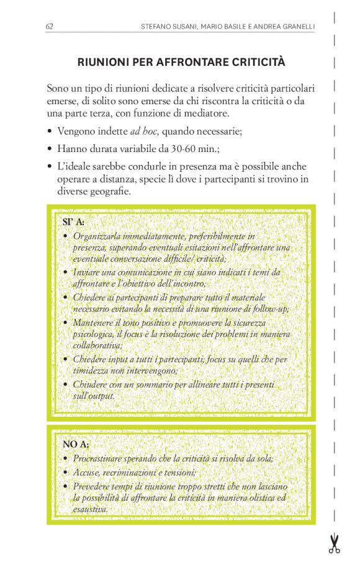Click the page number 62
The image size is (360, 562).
(x=49, y=26)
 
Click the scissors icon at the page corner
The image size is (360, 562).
(x=335, y=543)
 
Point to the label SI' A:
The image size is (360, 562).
(x=73, y=222)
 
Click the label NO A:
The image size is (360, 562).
(x=76, y=444)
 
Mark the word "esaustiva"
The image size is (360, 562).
(x=90, y=509)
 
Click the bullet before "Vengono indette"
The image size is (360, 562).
(x=50, y=132)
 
